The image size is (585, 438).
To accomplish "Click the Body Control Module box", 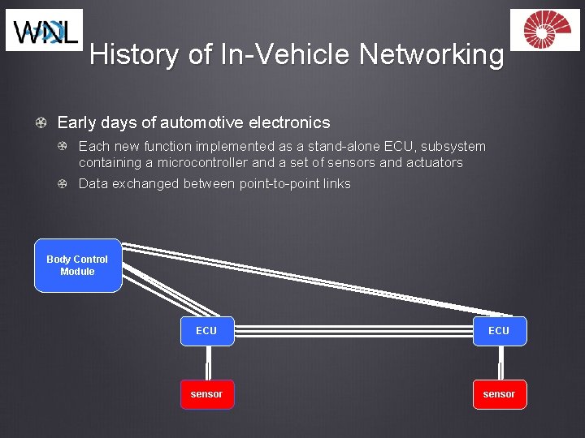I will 78,265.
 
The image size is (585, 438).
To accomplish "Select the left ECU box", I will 206,331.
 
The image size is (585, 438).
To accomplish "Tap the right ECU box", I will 499,331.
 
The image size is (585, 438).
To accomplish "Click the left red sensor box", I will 206,394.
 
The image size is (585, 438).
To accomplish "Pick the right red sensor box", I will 499,394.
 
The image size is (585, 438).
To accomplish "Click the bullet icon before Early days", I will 41,123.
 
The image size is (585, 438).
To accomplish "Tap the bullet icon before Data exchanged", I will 63,184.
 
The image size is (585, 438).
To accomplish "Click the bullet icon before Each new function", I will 63,147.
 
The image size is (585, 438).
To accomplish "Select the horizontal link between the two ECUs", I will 352,331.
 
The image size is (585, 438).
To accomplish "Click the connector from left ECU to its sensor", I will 206,363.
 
